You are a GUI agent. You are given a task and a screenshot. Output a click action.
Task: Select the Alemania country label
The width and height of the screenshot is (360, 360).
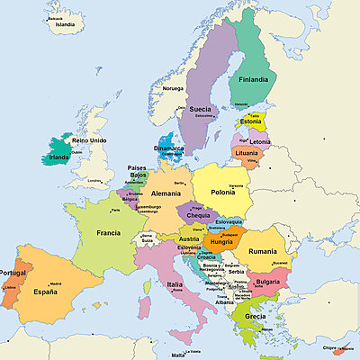click(x=166, y=193)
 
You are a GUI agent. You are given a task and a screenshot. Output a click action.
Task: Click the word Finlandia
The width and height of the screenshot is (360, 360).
click(x=252, y=79)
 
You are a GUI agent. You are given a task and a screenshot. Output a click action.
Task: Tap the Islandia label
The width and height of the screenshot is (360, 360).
click(x=65, y=25)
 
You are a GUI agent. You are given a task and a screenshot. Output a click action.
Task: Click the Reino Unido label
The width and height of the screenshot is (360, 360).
click(x=89, y=141)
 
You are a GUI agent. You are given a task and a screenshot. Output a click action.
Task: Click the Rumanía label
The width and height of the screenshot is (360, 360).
click(x=264, y=251)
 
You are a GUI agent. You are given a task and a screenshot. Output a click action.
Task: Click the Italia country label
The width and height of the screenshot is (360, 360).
click(x=175, y=284)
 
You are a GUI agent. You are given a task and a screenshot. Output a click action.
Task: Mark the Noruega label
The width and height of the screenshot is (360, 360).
click(x=172, y=89)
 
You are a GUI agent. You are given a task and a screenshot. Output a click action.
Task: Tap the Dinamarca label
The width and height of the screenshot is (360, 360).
click(x=167, y=148)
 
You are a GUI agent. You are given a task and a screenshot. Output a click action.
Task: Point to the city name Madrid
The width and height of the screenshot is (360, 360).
click(x=56, y=283)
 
